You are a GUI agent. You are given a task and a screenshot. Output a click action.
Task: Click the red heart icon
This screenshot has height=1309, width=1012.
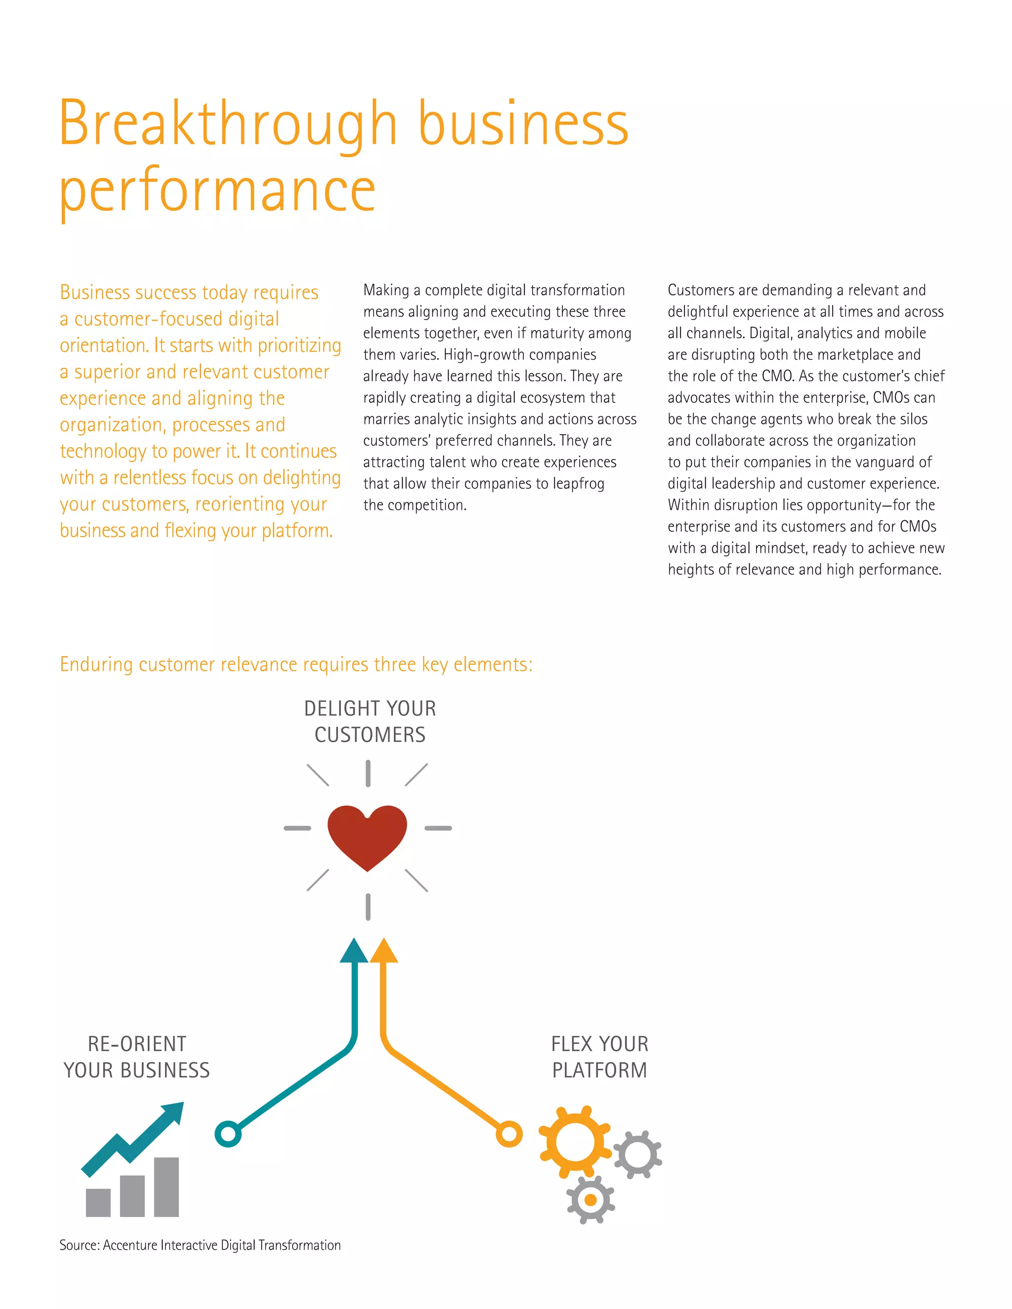[367, 837]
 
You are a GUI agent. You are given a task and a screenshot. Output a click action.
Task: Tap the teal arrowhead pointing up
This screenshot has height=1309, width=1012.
[354, 952]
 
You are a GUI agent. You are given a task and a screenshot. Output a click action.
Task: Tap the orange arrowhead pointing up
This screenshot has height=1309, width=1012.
[383, 952]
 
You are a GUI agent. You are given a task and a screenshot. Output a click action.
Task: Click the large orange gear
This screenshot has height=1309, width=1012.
[574, 1142]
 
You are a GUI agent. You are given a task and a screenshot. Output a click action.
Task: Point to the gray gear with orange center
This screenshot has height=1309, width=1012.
[590, 1199]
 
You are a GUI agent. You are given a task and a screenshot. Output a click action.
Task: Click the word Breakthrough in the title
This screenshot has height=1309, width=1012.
[228, 124]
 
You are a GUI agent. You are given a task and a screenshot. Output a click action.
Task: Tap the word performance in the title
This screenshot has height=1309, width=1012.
[217, 191]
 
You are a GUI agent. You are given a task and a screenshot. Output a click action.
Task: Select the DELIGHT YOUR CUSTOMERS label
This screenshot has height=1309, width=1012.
[370, 722]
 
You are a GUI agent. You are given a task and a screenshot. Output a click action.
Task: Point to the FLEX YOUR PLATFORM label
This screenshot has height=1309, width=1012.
[599, 1057]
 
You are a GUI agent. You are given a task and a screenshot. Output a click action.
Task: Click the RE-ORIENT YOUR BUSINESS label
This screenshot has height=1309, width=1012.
[137, 1057]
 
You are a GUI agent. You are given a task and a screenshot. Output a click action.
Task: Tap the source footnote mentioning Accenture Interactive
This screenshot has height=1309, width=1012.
[200, 1245]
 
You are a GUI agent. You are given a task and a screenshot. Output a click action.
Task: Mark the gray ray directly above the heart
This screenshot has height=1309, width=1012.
[368, 773]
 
